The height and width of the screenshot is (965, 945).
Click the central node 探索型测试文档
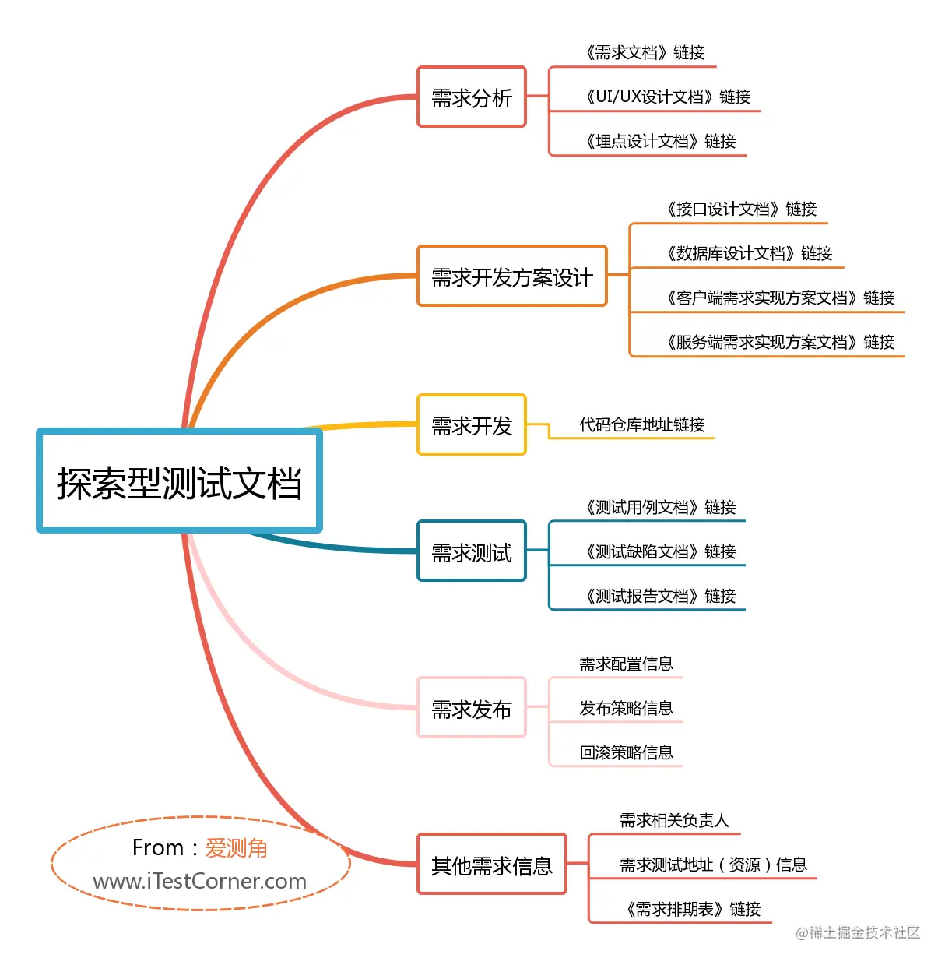(x=179, y=481)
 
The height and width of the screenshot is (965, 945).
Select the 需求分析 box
(x=472, y=97)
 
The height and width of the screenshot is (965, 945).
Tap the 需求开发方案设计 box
(x=511, y=276)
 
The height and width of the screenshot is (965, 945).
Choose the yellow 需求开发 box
(x=472, y=425)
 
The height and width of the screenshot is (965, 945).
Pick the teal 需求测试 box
(x=472, y=551)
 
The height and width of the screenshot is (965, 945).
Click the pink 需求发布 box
(x=472, y=708)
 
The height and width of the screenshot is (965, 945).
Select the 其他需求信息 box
(x=491, y=865)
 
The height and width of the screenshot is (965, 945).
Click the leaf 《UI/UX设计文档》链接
(x=667, y=97)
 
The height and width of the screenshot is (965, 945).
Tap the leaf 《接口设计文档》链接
(x=740, y=209)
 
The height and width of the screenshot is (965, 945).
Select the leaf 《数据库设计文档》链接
(x=748, y=253)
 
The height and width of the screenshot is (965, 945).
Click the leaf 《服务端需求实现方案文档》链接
(x=779, y=342)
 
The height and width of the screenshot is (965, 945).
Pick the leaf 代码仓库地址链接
(x=641, y=424)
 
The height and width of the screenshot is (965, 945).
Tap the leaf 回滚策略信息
(x=626, y=752)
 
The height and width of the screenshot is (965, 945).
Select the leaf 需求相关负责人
(x=674, y=820)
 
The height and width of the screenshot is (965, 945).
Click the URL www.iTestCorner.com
(x=199, y=881)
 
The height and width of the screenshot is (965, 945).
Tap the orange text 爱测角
(x=236, y=847)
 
